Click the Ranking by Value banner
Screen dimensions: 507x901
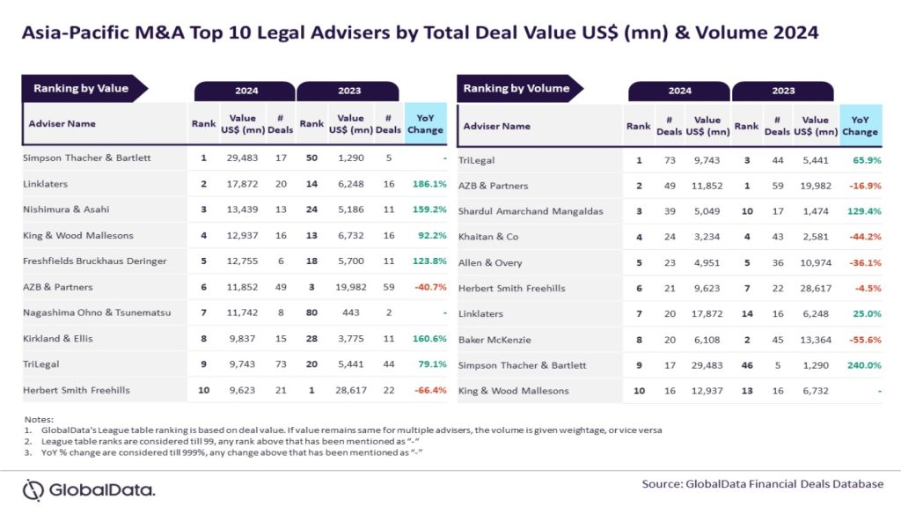tap(81, 88)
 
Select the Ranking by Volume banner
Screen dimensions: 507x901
tap(516, 88)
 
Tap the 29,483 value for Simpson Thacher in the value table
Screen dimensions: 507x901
tap(242, 158)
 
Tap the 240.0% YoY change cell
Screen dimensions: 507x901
tap(861, 364)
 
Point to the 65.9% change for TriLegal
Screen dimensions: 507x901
tap(863, 160)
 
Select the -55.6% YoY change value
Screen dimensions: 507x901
tap(861, 339)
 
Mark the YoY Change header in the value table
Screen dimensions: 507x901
tap(426, 123)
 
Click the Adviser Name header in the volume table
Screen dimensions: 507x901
tap(497, 126)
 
